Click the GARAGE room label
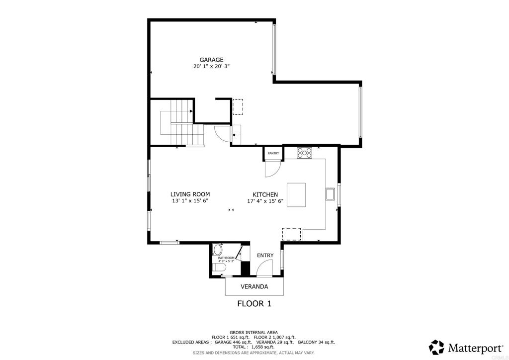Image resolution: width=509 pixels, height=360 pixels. (211, 60)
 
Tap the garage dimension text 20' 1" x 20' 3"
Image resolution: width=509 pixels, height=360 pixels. (211, 66)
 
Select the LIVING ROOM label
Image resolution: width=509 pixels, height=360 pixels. (190, 194)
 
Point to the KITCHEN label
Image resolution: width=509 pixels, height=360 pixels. (265, 195)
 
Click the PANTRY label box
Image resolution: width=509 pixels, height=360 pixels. (273, 154)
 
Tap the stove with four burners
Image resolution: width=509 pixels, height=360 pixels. (304, 153)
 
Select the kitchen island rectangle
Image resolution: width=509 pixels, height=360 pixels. (296, 194)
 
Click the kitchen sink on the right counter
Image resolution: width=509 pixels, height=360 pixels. (331, 194)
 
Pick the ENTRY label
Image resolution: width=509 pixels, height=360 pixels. (265, 256)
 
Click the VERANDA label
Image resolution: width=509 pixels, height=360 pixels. (254, 287)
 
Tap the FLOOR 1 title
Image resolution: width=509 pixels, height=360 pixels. (254, 303)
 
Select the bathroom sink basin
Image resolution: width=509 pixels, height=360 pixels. (217, 250)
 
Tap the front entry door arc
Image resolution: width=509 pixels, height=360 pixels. (264, 269)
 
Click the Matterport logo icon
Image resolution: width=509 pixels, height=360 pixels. (436, 347)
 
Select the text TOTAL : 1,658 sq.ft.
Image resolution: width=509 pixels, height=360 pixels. (254, 347)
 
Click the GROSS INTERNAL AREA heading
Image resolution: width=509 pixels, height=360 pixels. (254, 332)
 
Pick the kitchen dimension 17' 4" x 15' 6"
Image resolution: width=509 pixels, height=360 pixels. (265, 201)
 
